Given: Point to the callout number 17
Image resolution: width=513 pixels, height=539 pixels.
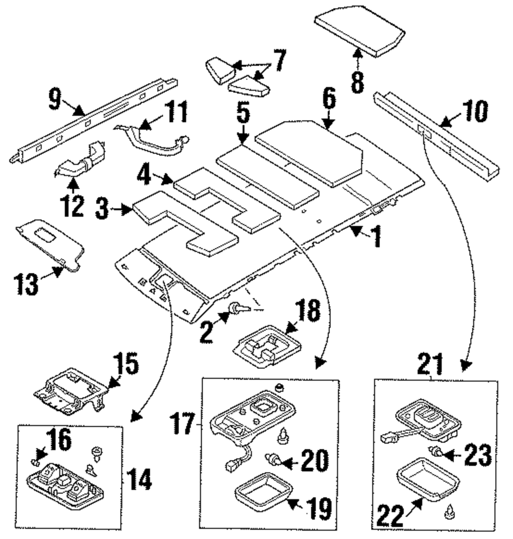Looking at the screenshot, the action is tap(183, 424).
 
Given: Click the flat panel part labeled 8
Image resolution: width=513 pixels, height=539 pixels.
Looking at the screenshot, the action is tap(360, 29).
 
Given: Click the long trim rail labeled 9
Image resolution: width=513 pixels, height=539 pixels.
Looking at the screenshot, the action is tap(93, 119).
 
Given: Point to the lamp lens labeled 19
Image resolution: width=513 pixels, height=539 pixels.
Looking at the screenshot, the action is tap(263, 495).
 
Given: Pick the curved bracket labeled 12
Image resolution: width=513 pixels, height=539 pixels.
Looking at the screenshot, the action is tap(81, 161).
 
